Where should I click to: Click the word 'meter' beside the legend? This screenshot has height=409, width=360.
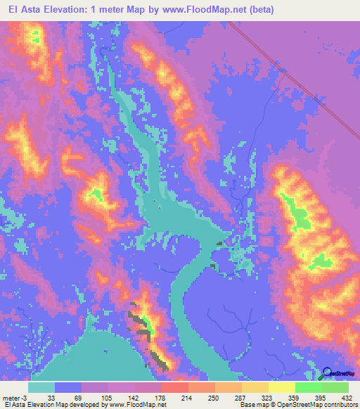10,396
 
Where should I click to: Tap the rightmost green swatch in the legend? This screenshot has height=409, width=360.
335,387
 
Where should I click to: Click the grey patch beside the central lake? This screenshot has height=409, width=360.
219,244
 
